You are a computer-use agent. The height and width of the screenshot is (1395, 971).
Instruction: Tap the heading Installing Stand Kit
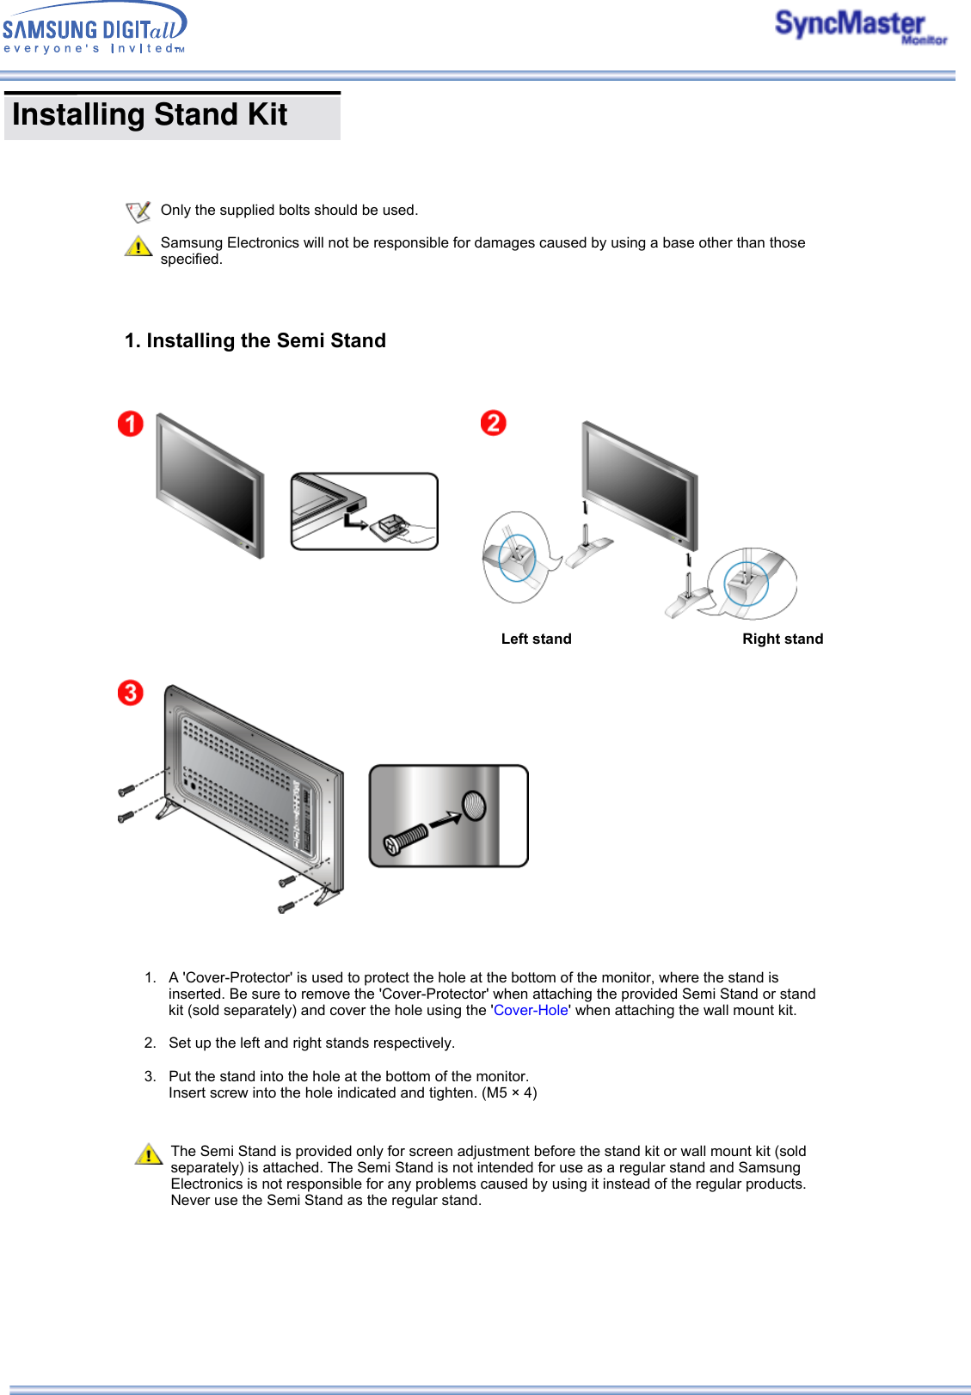(150, 115)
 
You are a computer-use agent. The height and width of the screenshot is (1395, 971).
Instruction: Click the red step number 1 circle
(131, 424)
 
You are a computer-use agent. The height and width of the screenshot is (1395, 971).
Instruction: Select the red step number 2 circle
(493, 423)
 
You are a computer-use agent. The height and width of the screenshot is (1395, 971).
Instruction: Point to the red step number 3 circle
(131, 693)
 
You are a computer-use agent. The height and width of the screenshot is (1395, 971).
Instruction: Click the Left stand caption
(536, 639)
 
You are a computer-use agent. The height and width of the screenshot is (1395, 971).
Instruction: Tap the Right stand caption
(783, 639)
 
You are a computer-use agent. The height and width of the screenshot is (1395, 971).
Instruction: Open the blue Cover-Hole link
(531, 1010)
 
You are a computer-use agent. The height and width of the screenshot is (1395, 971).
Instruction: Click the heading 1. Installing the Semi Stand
(255, 340)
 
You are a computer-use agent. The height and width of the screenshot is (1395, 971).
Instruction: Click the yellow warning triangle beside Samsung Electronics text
(138, 247)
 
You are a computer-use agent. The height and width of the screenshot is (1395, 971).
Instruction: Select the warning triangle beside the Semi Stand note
(149, 1153)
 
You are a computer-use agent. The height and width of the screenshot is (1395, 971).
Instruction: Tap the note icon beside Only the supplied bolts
(138, 211)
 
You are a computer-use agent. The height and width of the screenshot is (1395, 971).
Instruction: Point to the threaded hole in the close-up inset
(474, 806)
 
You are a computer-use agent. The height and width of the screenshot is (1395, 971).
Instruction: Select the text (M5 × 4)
(509, 1092)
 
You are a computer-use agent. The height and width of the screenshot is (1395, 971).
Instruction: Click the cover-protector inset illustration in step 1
(365, 511)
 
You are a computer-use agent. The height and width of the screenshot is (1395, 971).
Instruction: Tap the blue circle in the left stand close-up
(517, 558)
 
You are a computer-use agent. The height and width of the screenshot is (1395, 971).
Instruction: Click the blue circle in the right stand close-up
(746, 583)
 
